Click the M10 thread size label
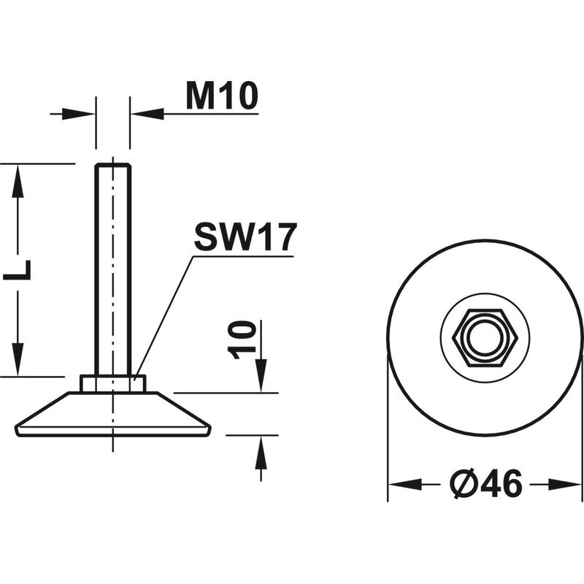(x=222, y=96)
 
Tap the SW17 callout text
(x=245, y=237)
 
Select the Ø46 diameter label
(x=486, y=483)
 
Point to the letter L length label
(x=17, y=269)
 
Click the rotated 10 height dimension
(x=242, y=340)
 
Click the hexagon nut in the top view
(x=485, y=338)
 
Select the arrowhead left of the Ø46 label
(x=405, y=485)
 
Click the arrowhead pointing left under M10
(x=147, y=114)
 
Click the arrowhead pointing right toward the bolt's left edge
(x=78, y=114)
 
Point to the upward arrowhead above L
(x=18, y=181)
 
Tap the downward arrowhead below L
(x=18, y=359)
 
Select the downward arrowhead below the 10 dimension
(x=261, y=375)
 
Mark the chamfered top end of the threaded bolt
(x=113, y=166)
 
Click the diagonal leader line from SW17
(x=164, y=318)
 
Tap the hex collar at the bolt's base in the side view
(x=113, y=384)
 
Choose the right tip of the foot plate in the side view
(x=210, y=429)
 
